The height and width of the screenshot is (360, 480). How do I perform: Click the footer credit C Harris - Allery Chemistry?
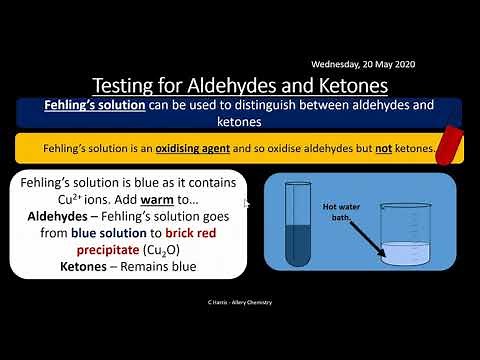(x=239, y=301)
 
